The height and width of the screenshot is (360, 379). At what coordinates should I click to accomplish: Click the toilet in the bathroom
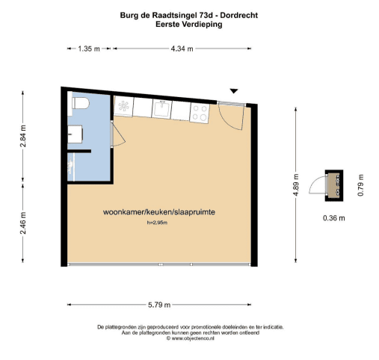[x=81, y=103]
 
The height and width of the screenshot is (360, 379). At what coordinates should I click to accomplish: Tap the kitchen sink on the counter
[x=161, y=108]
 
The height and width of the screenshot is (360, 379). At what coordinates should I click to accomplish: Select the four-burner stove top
[x=200, y=113]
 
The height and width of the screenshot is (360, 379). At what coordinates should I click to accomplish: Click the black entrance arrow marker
[x=233, y=91]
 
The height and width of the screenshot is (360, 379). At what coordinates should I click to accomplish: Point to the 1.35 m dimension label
[x=89, y=49]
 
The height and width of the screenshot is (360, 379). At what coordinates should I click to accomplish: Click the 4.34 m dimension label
[x=182, y=49]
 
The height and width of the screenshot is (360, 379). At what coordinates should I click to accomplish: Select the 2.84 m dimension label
[x=23, y=136]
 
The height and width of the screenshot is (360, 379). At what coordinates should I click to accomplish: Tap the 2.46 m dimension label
[x=23, y=223]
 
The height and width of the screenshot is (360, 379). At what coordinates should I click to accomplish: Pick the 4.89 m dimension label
[x=296, y=185]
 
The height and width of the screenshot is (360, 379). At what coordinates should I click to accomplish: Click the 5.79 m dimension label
[x=159, y=305]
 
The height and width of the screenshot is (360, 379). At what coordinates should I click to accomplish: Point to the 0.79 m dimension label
[x=360, y=185]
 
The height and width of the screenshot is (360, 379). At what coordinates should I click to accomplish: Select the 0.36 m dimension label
[x=334, y=218]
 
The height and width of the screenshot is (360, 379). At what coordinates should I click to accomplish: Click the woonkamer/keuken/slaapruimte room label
[x=159, y=212]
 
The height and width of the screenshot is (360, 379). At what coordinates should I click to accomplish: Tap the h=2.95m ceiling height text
[x=157, y=223]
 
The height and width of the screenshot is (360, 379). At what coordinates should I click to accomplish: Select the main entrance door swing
[x=230, y=117]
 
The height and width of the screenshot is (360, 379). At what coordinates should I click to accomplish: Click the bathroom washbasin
[x=75, y=134]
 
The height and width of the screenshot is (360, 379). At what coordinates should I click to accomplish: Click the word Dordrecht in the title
[x=239, y=16]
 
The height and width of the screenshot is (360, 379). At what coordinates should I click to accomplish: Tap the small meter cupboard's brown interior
[x=334, y=185]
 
